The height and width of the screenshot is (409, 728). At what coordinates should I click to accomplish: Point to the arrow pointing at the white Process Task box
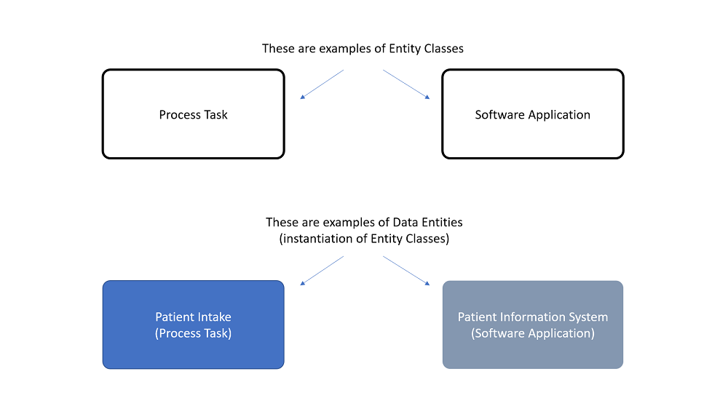pyautogui.click(x=321, y=84)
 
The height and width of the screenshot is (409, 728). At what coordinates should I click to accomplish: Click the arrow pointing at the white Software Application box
pyautogui.click(x=406, y=84)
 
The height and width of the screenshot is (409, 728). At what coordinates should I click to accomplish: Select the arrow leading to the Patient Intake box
pyautogui.click(x=321, y=270)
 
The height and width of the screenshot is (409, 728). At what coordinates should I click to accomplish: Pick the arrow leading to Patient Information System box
pyautogui.click(x=406, y=270)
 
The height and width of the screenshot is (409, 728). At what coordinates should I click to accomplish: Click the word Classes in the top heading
pyautogui.click(x=443, y=49)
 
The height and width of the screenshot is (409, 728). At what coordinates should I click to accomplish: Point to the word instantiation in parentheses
pyautogui.click(x=315, y=239)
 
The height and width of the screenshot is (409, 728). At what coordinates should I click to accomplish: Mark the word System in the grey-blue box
pyautogui.click(x=589, y=317)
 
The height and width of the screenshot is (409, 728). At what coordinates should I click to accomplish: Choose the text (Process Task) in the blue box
pyautogui.click(x=193, y=333)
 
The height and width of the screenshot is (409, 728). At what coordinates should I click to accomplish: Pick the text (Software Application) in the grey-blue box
pyautogui.click(x=532, y=333)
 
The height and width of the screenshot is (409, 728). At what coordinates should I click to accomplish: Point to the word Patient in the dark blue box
pyautogui.click(x=174, y=317)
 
